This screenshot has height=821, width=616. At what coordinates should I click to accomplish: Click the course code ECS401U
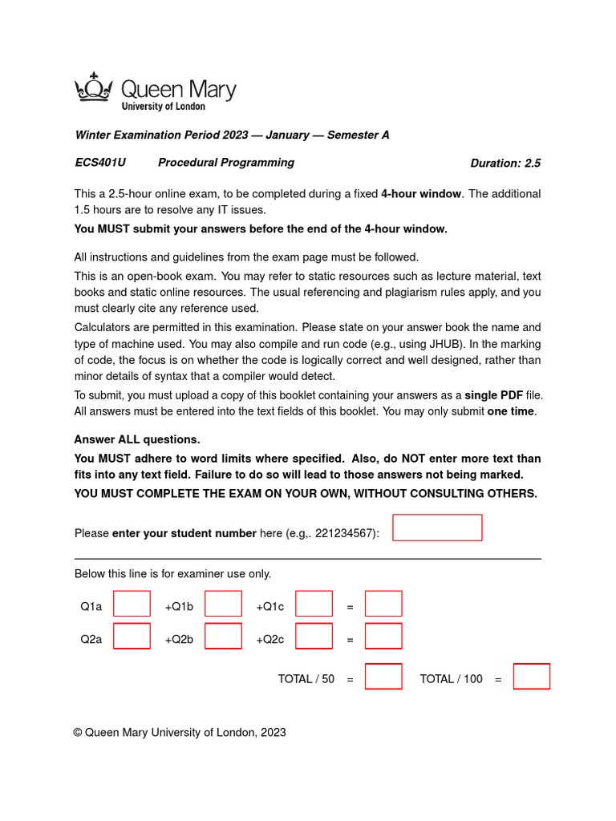tap(100, 163)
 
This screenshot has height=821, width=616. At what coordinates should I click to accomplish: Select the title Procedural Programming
tap(225, 163)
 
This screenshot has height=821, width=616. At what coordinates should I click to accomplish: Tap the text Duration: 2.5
tap(505, 164)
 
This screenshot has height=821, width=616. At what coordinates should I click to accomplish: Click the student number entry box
tap(437, 528)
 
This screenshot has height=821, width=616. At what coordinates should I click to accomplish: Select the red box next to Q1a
tap(132, 604)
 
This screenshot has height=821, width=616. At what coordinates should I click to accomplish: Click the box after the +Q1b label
tap(223, 604)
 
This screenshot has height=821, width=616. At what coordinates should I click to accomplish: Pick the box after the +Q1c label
tap(314, 604)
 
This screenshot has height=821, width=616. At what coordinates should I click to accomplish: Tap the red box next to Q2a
tap(132, 636)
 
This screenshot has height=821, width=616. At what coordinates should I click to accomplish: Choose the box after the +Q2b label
tap(223, 636)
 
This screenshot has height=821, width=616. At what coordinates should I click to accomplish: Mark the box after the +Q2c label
tap(314, 636)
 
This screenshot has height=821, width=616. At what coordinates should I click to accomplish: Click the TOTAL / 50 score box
tap(383, 677)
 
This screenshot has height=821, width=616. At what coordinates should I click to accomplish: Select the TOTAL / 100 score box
tap(532, 677)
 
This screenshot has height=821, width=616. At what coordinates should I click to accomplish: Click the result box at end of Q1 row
tap(383, 604)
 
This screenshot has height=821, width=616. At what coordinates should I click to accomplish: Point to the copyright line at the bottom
tap(180, 732)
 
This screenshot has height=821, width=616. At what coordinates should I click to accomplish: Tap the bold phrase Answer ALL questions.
tap(137, 440)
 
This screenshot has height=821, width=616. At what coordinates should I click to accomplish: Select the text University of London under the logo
tap(163, 106)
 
